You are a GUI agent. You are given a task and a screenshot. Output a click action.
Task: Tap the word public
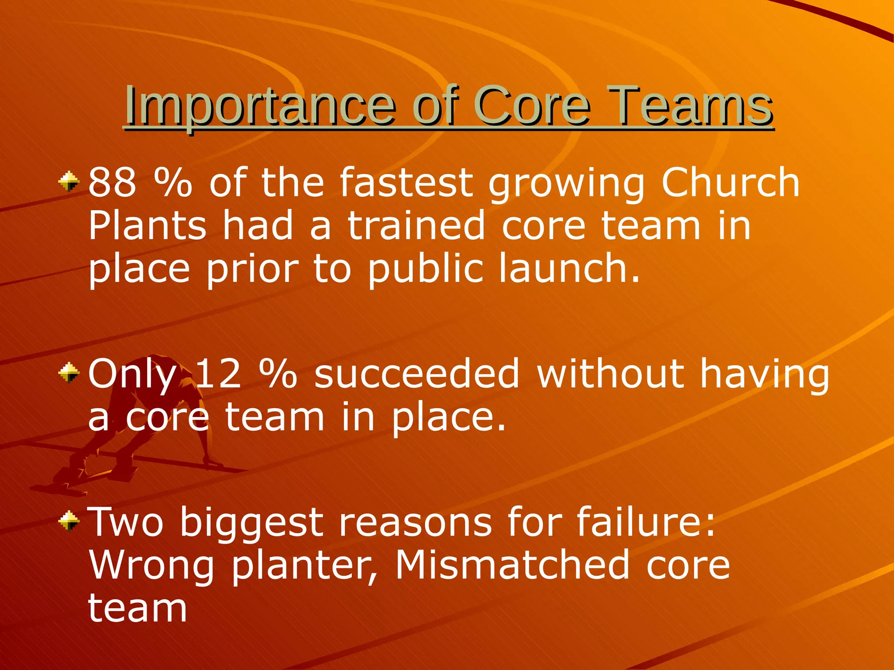[x=426, y=270]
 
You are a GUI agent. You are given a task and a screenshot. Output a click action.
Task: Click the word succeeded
[x=417, y=373]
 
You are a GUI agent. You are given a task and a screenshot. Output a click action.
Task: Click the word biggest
[x=251, y=524]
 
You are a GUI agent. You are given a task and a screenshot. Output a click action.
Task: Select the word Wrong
[x=151, y=567]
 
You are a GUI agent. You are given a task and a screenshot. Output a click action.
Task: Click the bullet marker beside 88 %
[x=69, y=182]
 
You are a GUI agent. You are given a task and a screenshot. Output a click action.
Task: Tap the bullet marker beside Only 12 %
[x=69, y=373]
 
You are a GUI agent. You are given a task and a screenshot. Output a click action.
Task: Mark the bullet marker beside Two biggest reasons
[x=69, y=521]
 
